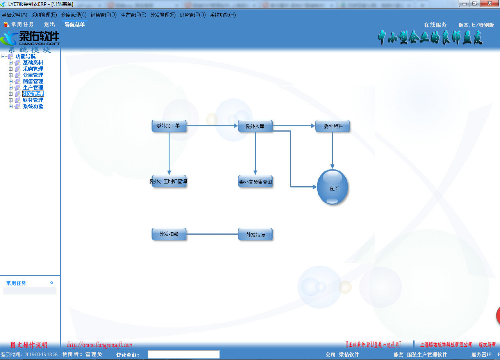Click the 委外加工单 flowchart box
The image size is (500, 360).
tap(169, 126)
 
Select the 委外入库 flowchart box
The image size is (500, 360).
tap(255, 126)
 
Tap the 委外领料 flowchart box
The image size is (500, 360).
tap(332, 126)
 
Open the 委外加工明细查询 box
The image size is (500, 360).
tap(169, 181)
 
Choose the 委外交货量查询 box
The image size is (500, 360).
tap(255, 182)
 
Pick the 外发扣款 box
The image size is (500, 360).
tap(169, 234)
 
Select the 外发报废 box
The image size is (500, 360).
tap(255, 235)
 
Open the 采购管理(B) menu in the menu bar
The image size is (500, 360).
tap(44, 15)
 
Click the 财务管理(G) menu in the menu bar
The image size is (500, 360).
tap(192, 15)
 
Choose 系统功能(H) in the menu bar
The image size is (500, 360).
tap(223, 15)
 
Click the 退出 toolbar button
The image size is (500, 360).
tap(50, 24)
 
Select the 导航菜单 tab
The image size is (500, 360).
tap(75, 25)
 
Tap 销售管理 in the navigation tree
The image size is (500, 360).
tap(33, 81)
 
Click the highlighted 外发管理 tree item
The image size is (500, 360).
tap(33, 94)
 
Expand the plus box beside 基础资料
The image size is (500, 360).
tap(11, 62)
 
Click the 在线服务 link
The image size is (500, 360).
tap(435, 25)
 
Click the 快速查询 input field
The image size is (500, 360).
tap(183, 354)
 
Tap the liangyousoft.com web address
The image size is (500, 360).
tap(100, 345)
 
